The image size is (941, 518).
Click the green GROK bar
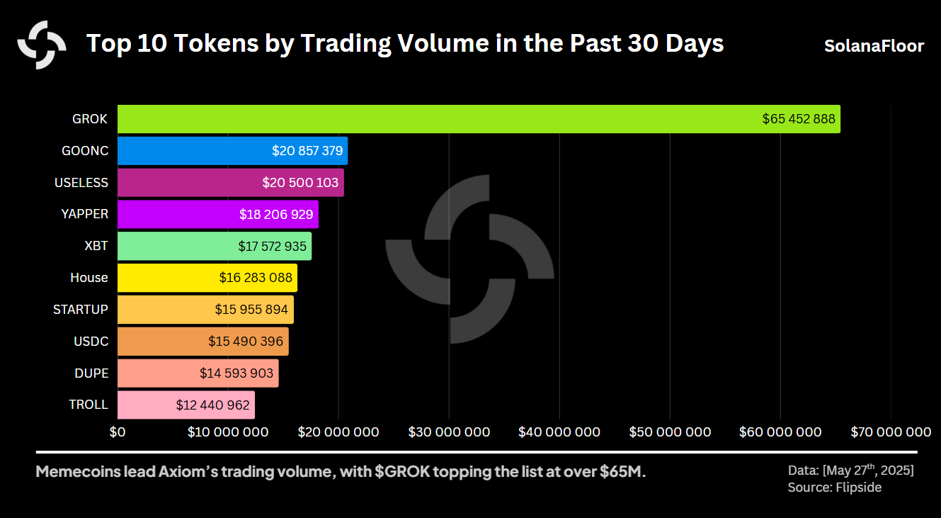425,119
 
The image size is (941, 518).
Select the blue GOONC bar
191,151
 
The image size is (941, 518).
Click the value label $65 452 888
799,119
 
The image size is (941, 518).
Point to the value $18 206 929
276,214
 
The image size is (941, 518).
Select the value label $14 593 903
236,373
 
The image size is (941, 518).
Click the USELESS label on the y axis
81,182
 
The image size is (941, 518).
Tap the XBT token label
96,246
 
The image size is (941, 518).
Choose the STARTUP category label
81,309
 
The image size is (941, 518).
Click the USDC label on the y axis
91,341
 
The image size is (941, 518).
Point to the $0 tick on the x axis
118,432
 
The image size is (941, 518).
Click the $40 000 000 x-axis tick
559,432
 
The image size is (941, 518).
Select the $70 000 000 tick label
891,432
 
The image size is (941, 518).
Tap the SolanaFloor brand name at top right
874,46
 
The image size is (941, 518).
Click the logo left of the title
42,45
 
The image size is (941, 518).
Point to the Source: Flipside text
834,488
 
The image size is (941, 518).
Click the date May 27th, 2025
869,470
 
